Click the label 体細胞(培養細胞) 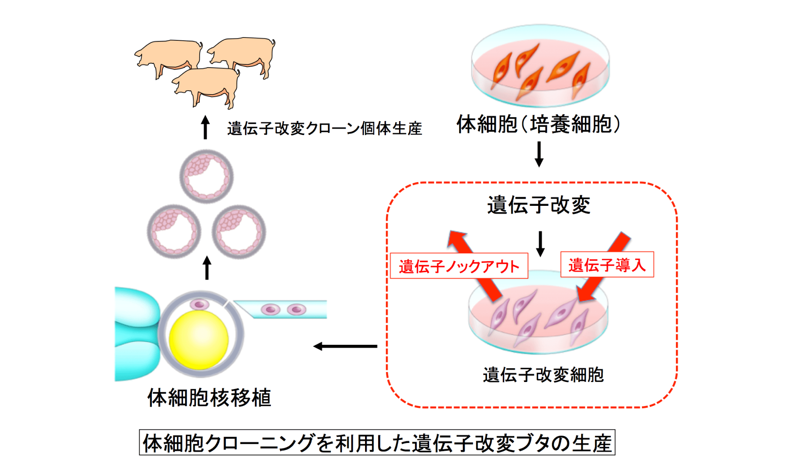point(539,124)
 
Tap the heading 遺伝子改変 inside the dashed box point(539,205)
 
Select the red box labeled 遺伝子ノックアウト point(459,266)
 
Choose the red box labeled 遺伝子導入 point(607,264)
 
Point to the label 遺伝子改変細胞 point(543,374)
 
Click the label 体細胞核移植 point(209,397)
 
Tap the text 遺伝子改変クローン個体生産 point(324,129)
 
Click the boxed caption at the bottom point(377,443)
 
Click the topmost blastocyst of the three point(206,176)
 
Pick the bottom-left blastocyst point(174,232)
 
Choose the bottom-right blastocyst point(239,232)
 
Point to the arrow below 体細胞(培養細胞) point(539,154)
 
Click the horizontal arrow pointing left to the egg point(345,347)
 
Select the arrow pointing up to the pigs point(205,127)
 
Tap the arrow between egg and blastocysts point(207,268)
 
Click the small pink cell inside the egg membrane point(200,304)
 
